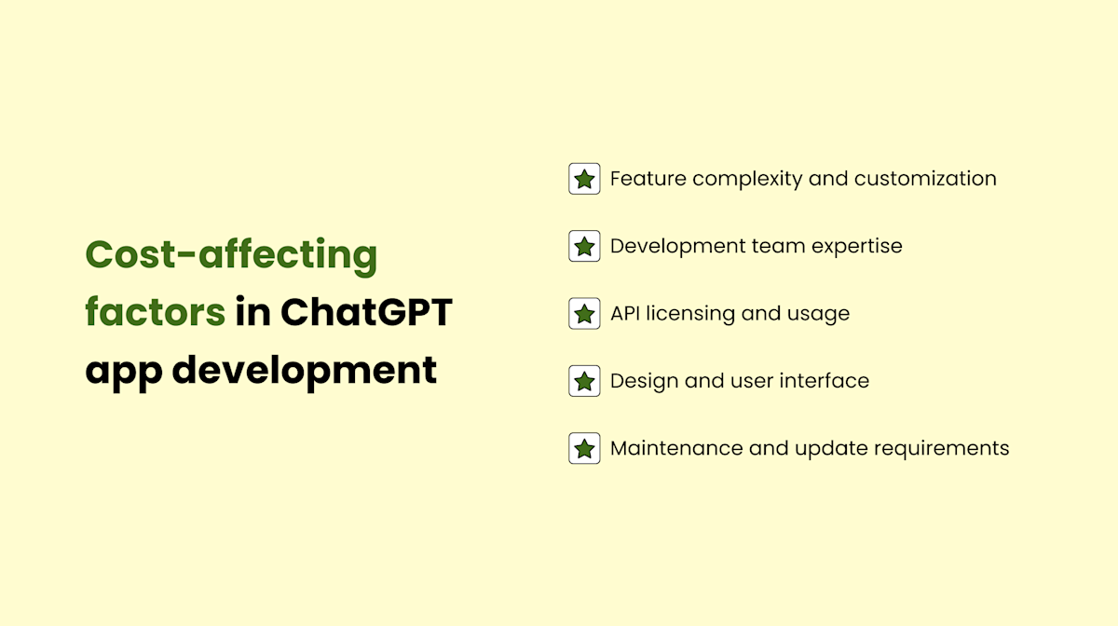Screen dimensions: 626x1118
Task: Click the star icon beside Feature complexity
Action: [x=584, y=179]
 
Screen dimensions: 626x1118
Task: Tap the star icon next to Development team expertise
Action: [x=584, y=246]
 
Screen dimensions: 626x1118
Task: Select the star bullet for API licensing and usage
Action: [x=584, y=314]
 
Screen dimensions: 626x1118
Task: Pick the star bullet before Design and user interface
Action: [x=584, y=381]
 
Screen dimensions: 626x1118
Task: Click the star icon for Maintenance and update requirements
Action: [x=584, y=448]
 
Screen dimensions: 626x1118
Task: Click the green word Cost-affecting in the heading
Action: [x=231, y=253]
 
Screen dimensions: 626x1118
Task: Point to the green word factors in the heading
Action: [x=155, y=311]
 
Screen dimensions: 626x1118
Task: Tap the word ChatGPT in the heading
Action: [x=366, y=311]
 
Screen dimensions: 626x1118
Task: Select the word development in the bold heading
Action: [x=305, y=370]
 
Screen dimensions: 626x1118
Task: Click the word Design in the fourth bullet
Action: [x=640, y=381]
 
